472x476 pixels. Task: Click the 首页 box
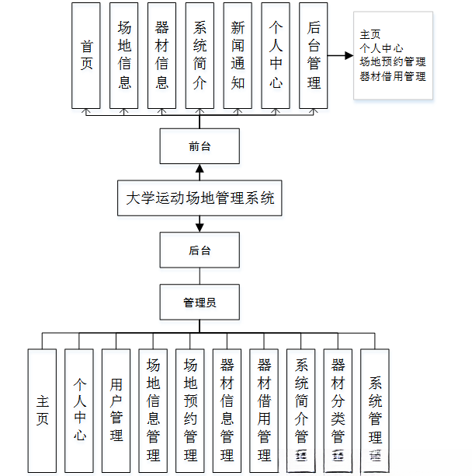point(86,55)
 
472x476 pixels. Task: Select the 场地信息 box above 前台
point(124,55)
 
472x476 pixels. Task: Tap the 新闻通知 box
point(238,55)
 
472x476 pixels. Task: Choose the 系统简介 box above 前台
point(200,55)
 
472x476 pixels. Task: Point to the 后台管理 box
point(314,55)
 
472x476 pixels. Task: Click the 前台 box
point(200,146)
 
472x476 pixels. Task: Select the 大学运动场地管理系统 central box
point(200,198)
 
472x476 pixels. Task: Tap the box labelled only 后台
point(200,250)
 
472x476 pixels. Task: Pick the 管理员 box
point(200,303)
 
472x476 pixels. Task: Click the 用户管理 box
point(116,410)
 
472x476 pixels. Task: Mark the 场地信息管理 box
point(153,410)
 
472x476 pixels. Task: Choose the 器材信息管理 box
point(227,410)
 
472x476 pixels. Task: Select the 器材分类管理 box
point(338,410)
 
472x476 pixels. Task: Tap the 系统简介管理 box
point(301,410)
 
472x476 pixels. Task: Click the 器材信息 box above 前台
point(161,55)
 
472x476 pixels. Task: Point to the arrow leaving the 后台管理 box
point(340,56)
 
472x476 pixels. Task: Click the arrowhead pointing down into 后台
point(200,227)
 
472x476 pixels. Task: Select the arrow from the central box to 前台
point(200,171)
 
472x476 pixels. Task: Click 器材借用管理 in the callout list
point(393,76)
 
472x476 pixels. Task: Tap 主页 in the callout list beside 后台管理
point(370,35)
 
